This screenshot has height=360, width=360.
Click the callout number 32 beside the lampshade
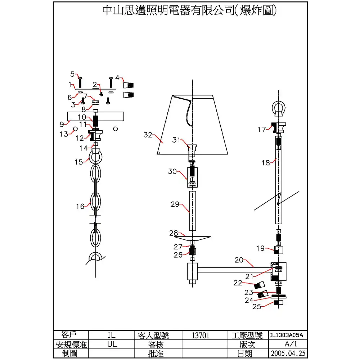[x=148, y=135]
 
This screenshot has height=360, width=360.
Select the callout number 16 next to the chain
[x=80, y=206]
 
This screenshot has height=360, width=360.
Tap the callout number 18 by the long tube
[x=266, y=163]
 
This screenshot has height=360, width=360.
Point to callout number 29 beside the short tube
[x=175, y=204]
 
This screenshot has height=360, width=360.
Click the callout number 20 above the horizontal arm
[x=239, y=260]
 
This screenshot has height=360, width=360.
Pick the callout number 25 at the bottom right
[x=257, y=307]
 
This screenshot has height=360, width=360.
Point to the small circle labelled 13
[x=75, y=129]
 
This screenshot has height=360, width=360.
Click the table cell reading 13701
[x=201, y=336]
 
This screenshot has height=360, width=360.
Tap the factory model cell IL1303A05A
[x=287, y=336]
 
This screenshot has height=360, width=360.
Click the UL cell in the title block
[x=112, y=344]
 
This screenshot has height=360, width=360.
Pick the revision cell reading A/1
[x=287, y=344]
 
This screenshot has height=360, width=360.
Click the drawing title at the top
[x=190, y=11]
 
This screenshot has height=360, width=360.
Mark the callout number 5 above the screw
[x=72, y=74]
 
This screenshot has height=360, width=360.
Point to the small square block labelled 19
[x=279, y=249]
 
